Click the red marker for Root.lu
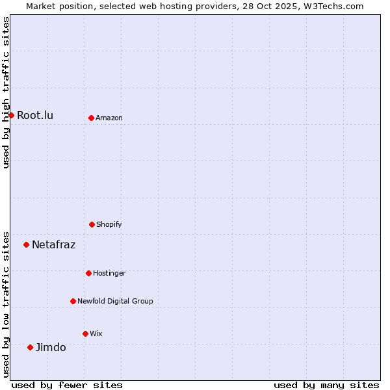[x=11, y=115]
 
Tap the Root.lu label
[x=35, y=116]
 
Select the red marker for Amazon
[x=91, y=118]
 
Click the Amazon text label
[x=109, y=118]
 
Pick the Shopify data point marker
[x=92, y=224]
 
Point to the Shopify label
[x=109, y=225]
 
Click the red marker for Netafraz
[x=26, y=244]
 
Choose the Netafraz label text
[x=53, y=245]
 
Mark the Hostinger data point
[x=88, y=273]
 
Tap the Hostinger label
[x=109, y=274]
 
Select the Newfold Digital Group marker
[x=73, y=301]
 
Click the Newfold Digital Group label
[x=115, y=302]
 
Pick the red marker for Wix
[x=85, y=333]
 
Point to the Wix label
[x=96, y=334]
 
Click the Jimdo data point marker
[x=30, y=347]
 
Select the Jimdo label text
[x=51, y=348]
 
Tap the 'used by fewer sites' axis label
[x=67, y=385]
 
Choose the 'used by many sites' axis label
[x=326, y=385]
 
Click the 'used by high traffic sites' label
[x=6, y=92]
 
